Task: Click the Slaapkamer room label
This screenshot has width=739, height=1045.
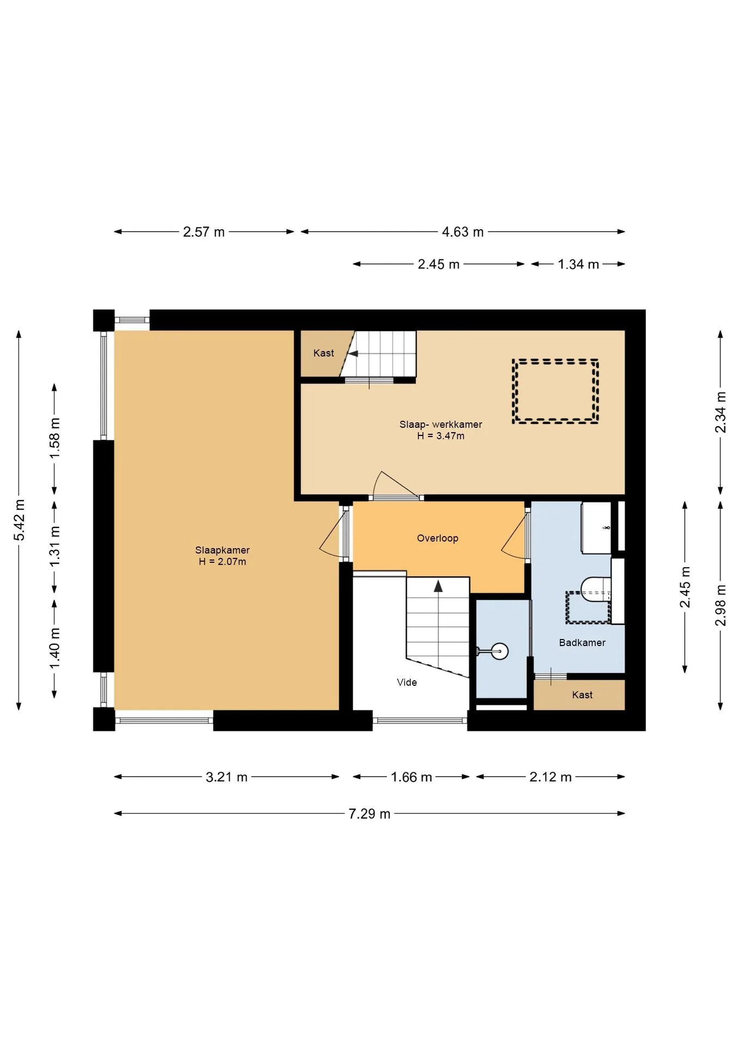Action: pyautogui.click(x=222, y=550)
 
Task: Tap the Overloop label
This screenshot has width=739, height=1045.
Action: pyautogui.click(x=438, y=538)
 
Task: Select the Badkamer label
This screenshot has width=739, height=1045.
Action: pyautogui.click(x=582, y=642)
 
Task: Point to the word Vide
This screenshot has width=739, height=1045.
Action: pyautogui.click(x=407, y=682)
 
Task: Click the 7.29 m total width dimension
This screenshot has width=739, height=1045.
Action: pyautogui.click(x=369, y=814)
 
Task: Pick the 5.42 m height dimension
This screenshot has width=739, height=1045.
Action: pyautogui.click(x=19, y=520)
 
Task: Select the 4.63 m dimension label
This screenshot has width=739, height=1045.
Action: pyautogui.click(x=463, y=232)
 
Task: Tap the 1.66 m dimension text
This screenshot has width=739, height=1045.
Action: pyautogui.click(x=411, y=777)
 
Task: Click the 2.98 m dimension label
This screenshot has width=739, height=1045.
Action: pyautogui.click(x=720, y=605)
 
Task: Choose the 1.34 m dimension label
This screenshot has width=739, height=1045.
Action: pyautogui.click(x=578, y=264)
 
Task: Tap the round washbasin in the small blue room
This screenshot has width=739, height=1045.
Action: pyautogui.click(x=499, y=651)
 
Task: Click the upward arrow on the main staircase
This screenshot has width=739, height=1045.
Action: pyautogui.click(x=438, y=586)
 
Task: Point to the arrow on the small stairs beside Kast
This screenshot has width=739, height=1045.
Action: pyautogui.click(x=353, y=354)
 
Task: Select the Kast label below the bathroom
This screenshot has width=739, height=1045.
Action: pyautogui.click(x=582, y=694)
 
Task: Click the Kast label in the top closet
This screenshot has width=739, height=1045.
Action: pyautogui.click(x=323, y=353)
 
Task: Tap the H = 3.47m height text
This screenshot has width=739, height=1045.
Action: pyautogui.click(x=441, y=435)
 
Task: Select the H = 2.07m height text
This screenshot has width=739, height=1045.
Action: pyautogui.click(x=222, y=561)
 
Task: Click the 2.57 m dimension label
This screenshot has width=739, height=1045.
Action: pyautogui.click(x=204, y=232)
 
